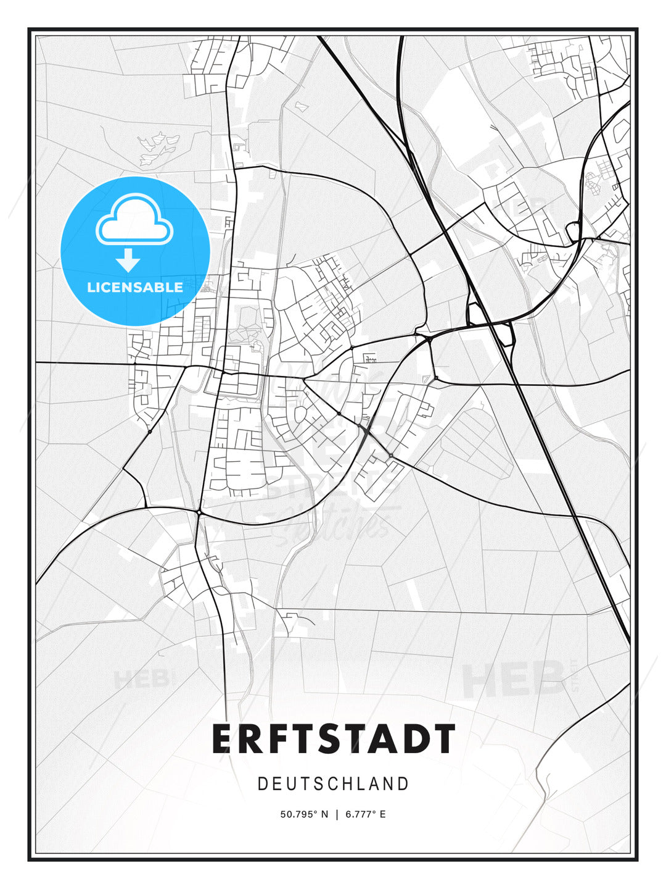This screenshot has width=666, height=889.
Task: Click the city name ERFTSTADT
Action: (334, 739)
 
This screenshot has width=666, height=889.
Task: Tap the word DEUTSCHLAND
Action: (333, 784)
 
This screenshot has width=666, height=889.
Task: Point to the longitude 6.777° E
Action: (366, 814)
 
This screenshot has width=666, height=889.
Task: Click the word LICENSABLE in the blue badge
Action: (135, 287)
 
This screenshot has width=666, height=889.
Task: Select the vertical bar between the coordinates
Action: (337, 814)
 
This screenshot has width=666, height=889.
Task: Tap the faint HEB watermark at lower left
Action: (141, 680)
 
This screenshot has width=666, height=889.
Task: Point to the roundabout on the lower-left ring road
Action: (199, 512)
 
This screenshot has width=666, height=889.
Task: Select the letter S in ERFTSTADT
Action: (333, 739)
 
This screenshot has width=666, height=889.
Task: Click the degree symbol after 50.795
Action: (316, 812)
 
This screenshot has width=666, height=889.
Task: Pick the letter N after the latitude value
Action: (325, 814)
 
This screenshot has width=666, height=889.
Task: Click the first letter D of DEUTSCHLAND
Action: (262, 784)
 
